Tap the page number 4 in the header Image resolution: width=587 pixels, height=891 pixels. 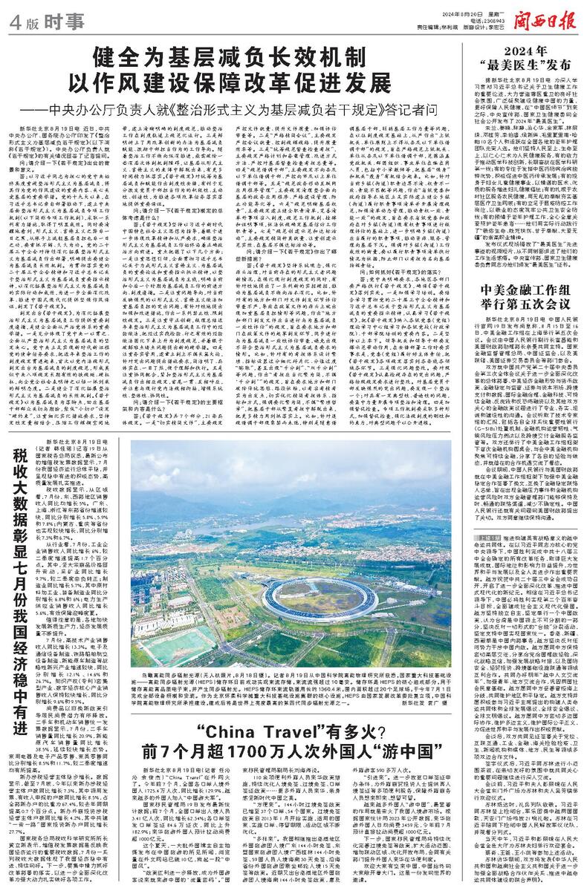(x=13, y=22)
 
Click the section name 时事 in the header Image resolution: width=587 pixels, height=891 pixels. (x=56, y=22)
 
